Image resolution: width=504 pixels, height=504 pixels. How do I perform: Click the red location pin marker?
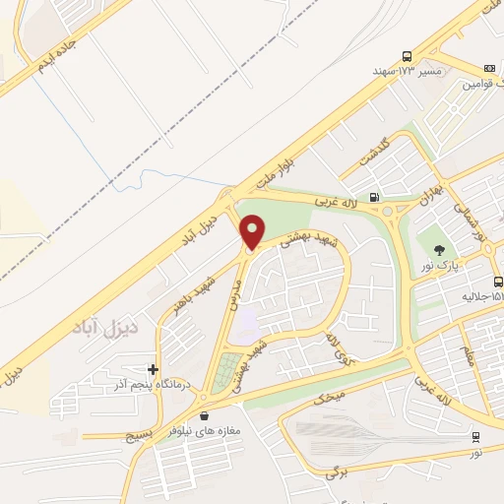(253, 231)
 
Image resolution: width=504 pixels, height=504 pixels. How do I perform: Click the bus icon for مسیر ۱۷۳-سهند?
(407, 56)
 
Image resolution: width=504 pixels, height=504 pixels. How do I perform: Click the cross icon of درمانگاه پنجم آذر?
(153, 370)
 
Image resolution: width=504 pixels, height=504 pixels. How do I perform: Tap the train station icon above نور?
(476, 435)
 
